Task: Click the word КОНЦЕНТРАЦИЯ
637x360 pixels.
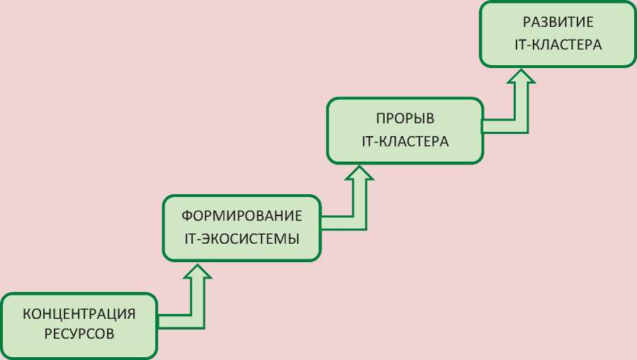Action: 79,313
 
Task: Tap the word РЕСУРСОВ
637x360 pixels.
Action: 79,334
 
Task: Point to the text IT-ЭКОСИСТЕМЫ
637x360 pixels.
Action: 242,238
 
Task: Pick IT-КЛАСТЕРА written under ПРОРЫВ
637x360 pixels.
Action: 405,141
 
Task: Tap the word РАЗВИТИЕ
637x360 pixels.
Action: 558,22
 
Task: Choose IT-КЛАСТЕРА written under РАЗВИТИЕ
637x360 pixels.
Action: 558,45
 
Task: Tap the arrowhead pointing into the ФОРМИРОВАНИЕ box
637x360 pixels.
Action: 198,273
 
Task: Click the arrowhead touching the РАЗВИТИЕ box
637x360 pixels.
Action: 523,77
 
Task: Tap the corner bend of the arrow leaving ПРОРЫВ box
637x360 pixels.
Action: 523,125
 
